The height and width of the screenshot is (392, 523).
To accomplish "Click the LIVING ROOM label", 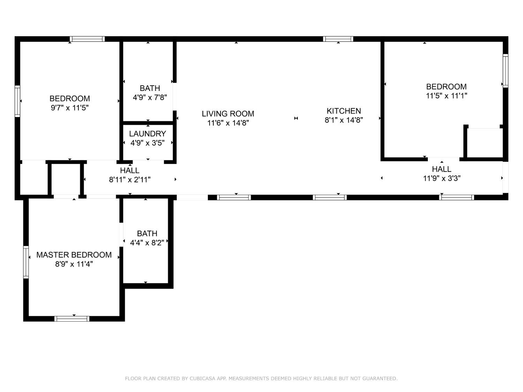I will (x=228, y=114).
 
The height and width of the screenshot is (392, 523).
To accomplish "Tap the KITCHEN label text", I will (x=343, y=111).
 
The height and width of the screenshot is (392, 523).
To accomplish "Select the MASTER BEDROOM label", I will (x=74, y=255).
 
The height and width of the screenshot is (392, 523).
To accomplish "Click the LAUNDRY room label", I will (x=147, y=134).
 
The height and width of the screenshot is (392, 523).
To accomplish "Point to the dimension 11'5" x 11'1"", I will (x=446, y=96).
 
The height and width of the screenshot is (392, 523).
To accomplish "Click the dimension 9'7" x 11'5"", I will (x=70, y=108).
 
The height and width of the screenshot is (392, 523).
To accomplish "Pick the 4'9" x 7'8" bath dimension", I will (x=150, y=97).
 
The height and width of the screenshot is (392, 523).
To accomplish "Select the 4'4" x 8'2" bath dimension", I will (x=147, y=243).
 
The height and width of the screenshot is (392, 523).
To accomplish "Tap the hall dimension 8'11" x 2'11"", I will (x=130, y=179).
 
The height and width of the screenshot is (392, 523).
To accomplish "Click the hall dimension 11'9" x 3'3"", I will (x=442, y=178).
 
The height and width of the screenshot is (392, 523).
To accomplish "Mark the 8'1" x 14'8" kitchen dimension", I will (x=344, y=120).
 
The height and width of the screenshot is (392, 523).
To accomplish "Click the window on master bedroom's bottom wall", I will (x=72, y=318).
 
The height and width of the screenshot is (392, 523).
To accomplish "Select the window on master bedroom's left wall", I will (x=26, y=262).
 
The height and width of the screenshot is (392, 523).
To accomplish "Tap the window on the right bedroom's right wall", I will (x=505, y=71).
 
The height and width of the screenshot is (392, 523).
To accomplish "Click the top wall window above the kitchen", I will (x=338, y=39).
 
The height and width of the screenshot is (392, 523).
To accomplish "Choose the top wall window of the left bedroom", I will (x=87, y=39).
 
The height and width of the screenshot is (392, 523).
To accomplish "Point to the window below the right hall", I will (x=456, y=197).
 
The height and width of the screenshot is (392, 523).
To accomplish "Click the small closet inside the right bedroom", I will (x=484, y=143).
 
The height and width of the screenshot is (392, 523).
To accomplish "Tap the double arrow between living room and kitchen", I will (x=296, y=118).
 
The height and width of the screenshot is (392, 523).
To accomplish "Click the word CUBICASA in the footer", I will (x=204, y=378).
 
